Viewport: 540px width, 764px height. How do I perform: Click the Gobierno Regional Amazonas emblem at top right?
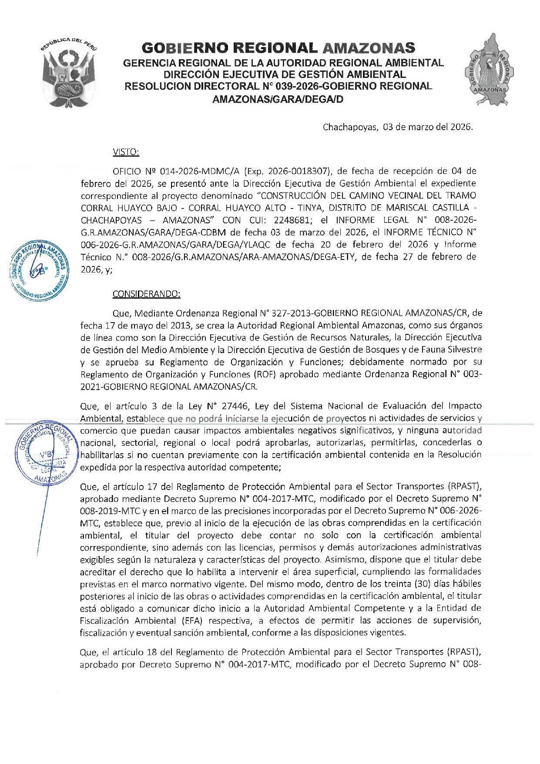click(490, 70)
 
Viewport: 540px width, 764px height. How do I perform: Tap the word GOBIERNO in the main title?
click(181, 48)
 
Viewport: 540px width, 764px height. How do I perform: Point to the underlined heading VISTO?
click(126, 152)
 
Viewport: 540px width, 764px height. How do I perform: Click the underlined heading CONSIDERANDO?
click(146, 294)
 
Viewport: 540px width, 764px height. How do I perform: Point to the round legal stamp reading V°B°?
click(45, 453)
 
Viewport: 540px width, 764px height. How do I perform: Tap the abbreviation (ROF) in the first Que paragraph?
click(265, 374)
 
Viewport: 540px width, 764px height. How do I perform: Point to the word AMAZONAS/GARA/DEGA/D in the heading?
click(278, 99)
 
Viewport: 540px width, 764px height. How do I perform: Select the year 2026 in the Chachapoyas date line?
click(461, 127)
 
